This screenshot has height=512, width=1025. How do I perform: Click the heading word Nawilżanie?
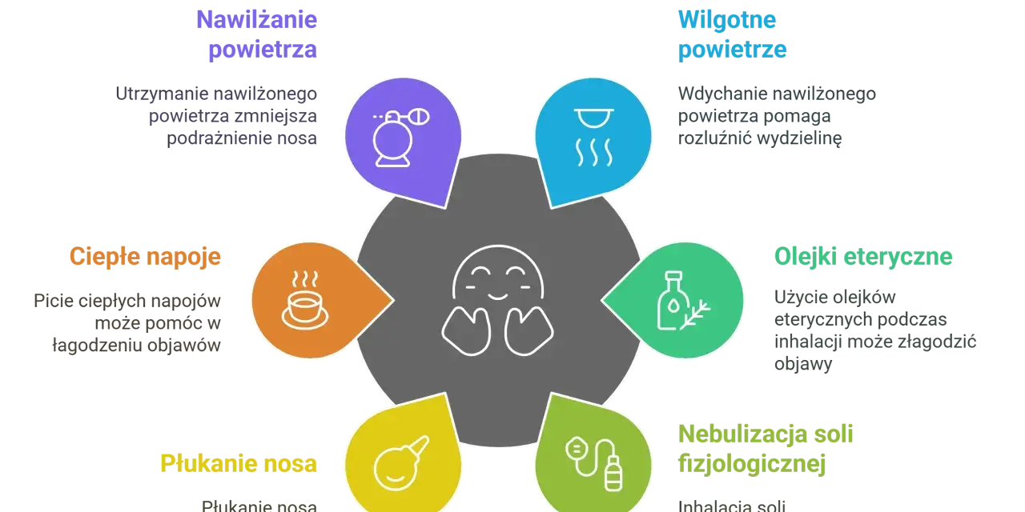[257, 20]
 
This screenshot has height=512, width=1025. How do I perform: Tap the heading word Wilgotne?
[727, 20]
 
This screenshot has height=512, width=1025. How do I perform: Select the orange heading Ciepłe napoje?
[145, 257]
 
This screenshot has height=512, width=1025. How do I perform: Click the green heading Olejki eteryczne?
[863, 257]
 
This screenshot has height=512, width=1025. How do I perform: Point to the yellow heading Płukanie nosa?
[239, 463]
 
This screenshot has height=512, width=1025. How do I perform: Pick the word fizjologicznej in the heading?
[752, 464]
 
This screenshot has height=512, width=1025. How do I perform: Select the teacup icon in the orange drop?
[305, 300]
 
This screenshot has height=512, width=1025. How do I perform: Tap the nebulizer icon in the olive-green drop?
[594, 463]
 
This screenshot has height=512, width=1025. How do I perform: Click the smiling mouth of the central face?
[498, 297]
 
